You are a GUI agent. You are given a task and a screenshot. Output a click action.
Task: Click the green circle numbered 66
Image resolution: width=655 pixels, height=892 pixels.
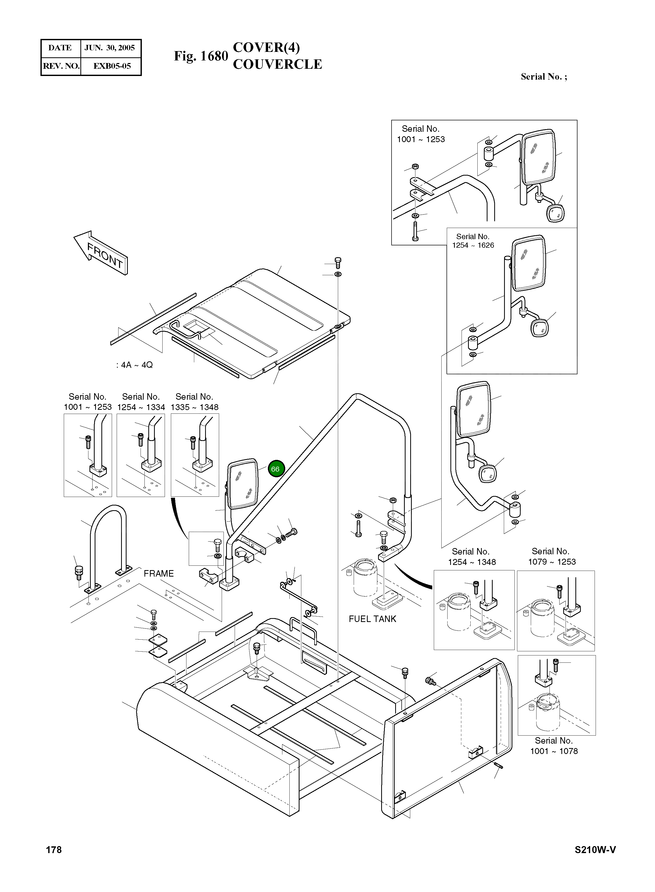click(275, 469)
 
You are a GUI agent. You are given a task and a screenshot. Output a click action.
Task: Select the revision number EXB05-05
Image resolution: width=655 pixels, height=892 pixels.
click(112, 66)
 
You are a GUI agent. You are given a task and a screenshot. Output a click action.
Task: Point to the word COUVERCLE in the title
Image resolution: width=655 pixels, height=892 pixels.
click(277, 64)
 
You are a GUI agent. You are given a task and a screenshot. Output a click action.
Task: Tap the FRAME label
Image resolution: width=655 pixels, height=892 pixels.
click(159, 573)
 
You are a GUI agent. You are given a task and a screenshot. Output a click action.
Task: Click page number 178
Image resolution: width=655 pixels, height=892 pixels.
click(54, 849)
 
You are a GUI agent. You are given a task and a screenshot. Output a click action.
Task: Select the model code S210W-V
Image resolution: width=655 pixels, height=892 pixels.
click(595, 849)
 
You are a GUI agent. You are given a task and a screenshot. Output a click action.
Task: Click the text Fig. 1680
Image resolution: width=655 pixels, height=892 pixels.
click(201, 56)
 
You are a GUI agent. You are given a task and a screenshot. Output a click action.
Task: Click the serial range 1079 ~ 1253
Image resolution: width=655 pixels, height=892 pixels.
click(552, 562)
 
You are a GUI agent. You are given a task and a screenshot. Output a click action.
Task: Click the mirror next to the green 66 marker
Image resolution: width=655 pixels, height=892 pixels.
click(242, 484)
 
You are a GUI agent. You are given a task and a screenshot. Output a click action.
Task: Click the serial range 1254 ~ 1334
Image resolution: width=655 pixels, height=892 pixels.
click(141, 407)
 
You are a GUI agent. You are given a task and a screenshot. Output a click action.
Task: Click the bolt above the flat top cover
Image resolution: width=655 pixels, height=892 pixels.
click(338, 262)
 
